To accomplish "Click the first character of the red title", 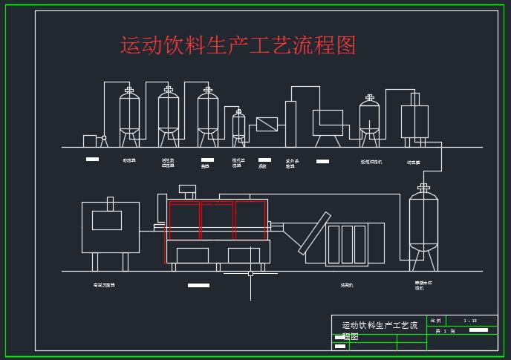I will point(131,45).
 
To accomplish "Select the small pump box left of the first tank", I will point(91,140).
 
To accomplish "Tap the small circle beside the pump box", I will point(104,140).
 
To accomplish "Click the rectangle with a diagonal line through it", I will point(267,124).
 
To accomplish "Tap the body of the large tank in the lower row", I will point(423,223).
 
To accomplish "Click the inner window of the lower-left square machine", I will point(107,220).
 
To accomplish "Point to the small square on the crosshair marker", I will point(250,274).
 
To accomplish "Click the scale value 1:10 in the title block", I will point(470,321).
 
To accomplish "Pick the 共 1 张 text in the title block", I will point(445,331).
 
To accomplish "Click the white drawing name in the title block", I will point(379,326).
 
